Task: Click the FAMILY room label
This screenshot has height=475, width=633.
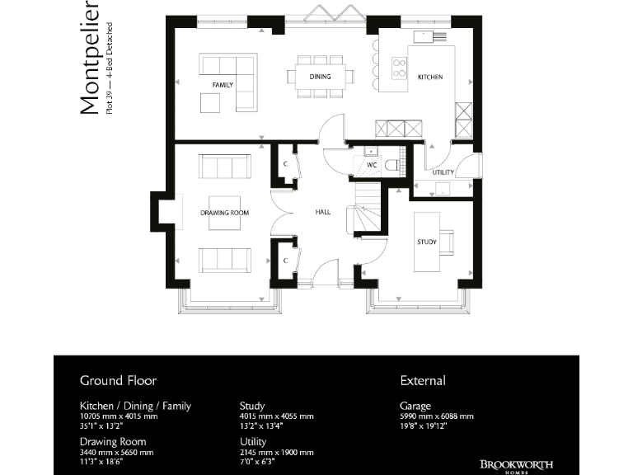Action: coord(223,85)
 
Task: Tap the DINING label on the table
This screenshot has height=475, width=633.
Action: coord(321,77)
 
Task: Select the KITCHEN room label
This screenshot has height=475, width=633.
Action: coord(430,77)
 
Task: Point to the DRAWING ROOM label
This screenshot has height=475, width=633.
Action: coord(224,213)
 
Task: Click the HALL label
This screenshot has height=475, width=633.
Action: coord(323,212)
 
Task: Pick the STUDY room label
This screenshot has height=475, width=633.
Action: coord(427,242)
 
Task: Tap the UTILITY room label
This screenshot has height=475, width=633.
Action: coord(443,172)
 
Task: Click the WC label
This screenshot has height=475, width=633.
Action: coord(372,165)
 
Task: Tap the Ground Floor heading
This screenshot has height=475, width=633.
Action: coord(118,380)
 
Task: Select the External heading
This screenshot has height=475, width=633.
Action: coord(423,380)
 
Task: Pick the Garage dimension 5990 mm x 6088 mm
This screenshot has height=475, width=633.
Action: coord(437,416)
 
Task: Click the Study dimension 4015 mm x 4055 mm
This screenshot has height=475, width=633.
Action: coord(276,416)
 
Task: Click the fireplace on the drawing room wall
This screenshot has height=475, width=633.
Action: coord(162,212)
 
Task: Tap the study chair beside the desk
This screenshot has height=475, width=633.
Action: coord(446,241)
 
